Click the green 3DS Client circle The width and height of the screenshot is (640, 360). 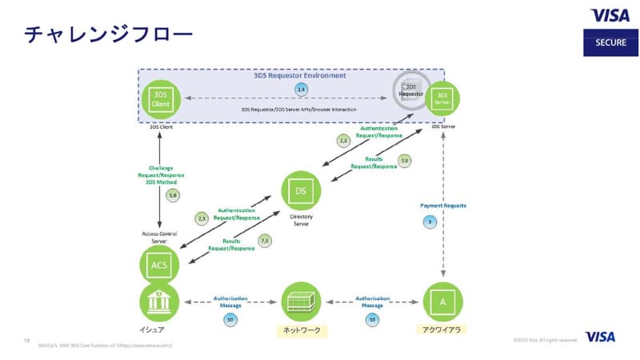pyautogui.click(x=161, y=100)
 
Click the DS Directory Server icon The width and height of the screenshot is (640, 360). pyautogui.click(x=302, y=190)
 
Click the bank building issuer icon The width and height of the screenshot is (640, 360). pyautogui.click(x=158, y=302)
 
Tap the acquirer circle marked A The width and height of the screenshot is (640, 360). pyautogui.click(x=442, y=302)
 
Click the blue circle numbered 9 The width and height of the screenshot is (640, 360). pyautogui.click(x=431, y=222)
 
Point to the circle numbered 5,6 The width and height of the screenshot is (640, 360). pyautogui.click(x=172, y=195)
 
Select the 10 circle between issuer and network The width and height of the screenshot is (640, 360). pyautogui.click(x=230, y=319)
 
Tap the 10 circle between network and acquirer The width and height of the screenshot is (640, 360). pyautogui.click(x=372, y=319)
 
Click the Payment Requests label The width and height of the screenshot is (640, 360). pyautogui.click(x=442, y=206)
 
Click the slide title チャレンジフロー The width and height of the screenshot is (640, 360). pyautogui.click(x=107, y=34)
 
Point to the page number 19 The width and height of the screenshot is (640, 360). pyautogui.click(x=26, y=342)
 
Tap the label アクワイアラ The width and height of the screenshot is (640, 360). pyautogui.click(x=442, y=329)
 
